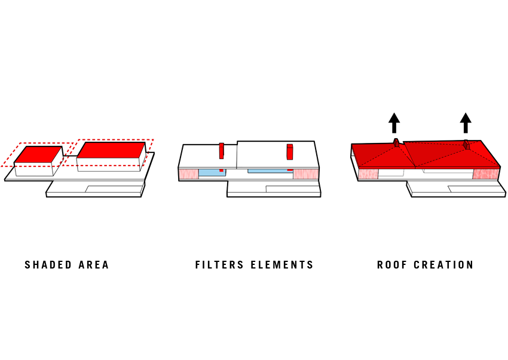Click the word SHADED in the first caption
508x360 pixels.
48,265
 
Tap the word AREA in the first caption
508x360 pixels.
94,265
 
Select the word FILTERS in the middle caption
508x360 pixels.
219,265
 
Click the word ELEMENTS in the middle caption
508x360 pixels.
282,265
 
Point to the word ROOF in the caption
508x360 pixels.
391,265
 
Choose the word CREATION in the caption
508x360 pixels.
443,265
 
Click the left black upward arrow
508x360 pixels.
394,123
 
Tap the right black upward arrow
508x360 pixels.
466,123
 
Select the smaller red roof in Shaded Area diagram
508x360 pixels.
38,154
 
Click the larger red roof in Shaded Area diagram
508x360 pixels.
111,150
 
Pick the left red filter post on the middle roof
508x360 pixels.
221,151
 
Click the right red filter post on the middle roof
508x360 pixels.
290,152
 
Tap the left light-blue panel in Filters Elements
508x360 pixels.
212,173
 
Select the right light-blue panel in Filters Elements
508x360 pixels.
270,171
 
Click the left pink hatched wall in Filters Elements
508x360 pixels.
188,173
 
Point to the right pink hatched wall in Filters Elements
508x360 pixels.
306,173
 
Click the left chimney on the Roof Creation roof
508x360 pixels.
396,142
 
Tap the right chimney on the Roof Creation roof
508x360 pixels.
467,145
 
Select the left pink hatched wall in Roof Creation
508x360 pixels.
368,173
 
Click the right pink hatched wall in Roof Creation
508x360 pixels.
485,173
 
